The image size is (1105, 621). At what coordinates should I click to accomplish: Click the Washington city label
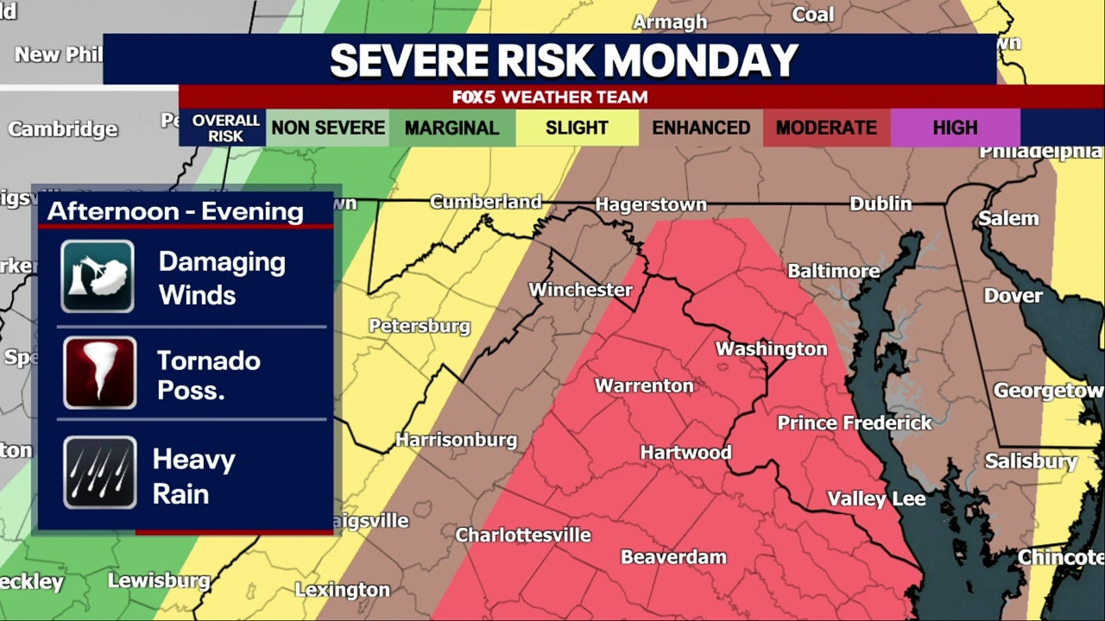(x=771, y=349)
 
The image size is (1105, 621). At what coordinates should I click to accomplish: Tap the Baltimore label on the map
(x=833, y=271)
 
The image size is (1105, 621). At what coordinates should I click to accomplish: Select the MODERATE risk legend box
(x=826, y=129)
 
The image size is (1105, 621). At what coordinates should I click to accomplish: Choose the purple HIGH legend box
(x=955, y=129)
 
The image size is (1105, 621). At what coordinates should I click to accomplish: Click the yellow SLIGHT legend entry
(x=577, y=129)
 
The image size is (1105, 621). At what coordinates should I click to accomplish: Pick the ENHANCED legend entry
(x=700, y=129)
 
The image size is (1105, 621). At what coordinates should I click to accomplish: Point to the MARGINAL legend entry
(x=451, y=129)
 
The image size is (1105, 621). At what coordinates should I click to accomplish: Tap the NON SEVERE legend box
(x=328, y=129)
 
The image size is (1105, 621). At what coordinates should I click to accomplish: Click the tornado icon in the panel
(x=99, y=373)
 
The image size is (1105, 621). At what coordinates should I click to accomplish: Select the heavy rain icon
(x=99, y=473)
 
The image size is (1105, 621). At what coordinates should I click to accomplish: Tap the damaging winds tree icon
(x=98, y=276)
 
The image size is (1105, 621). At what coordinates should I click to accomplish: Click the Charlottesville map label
(x=523, y=535)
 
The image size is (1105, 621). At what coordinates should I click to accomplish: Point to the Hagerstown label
(x=651, y=205)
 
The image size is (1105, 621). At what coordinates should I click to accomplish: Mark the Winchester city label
(x=580, y=290)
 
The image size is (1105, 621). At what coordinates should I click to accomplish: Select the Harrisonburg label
(x=456, y=440)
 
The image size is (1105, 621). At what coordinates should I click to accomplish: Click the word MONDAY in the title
(x=700, y=60)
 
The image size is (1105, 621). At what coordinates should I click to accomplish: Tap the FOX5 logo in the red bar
(x=474, y=97)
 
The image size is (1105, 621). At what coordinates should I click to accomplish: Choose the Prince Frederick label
(x=855, y=423)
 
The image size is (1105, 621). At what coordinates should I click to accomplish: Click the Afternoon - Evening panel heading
(x=175, y=211)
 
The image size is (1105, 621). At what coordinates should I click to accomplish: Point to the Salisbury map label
(x=1031, y=461)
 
